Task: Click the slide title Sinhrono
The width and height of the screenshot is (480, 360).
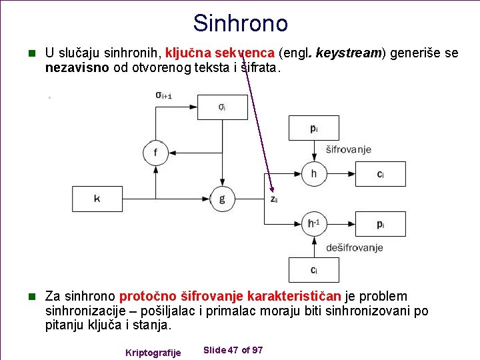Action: [x=240, y=23]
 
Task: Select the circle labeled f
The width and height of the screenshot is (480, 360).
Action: [x=155, y=153]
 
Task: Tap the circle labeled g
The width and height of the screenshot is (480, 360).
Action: [x=222, y=199]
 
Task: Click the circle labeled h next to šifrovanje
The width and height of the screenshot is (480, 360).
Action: [x=313, y=174]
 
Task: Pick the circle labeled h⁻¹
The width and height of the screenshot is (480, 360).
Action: [x=313, y=224]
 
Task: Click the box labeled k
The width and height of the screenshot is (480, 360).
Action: [x=97, y=199]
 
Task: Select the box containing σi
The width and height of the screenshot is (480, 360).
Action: [x=222, y=107]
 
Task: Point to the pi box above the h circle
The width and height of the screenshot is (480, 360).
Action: [x=313, y=128]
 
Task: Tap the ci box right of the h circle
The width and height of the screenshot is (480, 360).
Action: [x=380, y=174]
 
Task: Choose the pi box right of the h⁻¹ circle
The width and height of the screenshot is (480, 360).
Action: [x=380, y=224]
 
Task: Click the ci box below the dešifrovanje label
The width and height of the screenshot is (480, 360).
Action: [x=313, y=270]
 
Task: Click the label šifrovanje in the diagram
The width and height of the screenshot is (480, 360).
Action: [x=349, y=150]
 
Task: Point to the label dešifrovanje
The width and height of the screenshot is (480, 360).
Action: [x=354, y=248]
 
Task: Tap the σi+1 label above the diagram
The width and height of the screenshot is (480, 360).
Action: [x=163, y=96]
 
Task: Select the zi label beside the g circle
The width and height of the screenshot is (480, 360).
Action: [x=273, y=199]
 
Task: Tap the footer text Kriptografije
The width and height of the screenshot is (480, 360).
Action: [x=153, y=352]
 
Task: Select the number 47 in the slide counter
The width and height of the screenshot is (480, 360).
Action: [x=233, y=350]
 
